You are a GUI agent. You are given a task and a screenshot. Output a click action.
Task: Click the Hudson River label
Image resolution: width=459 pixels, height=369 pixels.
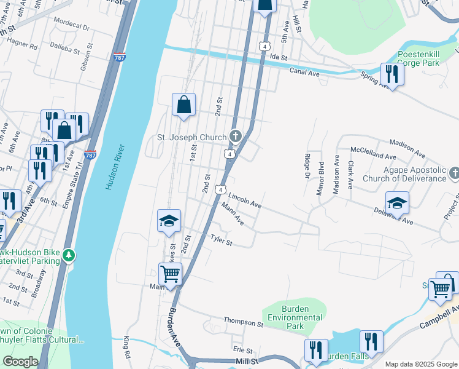(115, 167)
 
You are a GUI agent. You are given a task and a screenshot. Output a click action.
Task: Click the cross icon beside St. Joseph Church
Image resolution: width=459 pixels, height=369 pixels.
(235, 135)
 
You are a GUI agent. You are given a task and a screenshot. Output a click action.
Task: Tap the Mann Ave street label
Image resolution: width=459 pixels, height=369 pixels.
(233, 214)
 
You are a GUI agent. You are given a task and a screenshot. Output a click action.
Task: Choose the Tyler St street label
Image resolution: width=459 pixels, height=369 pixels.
(221, 239)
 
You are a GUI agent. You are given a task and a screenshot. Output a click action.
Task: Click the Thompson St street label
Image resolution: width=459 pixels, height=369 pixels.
(243, 321)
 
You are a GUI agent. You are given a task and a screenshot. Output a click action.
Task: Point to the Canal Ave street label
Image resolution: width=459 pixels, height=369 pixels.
(305, 73)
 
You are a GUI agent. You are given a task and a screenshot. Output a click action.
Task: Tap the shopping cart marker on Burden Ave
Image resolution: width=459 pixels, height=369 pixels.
(171, 274)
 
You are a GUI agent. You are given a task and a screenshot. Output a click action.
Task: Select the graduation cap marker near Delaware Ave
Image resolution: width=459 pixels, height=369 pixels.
(397, 202)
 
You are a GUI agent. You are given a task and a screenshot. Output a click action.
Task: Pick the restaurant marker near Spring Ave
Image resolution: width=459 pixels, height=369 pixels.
(391, 74)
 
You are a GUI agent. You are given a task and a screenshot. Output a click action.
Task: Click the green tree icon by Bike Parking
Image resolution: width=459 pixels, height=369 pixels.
(70, 255)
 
